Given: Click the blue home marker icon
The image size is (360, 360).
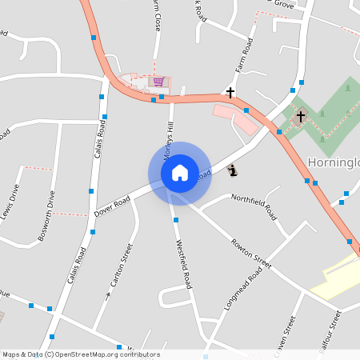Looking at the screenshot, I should click(x=179, y=173).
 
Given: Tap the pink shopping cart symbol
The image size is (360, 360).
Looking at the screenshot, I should click(x=158, y=81).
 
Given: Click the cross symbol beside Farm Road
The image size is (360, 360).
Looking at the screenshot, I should click(x=230, y=93).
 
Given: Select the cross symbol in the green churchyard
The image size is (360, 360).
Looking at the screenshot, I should click(x=301, y=117).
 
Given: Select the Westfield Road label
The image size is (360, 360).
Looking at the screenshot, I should click(x=184, y=264).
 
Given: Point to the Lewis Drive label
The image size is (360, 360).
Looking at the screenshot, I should click(x=11, y=203).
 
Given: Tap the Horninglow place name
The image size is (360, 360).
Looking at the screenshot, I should click(x=333, y=162).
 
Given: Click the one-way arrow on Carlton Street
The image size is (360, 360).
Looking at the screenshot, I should click(x=109, y=294).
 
